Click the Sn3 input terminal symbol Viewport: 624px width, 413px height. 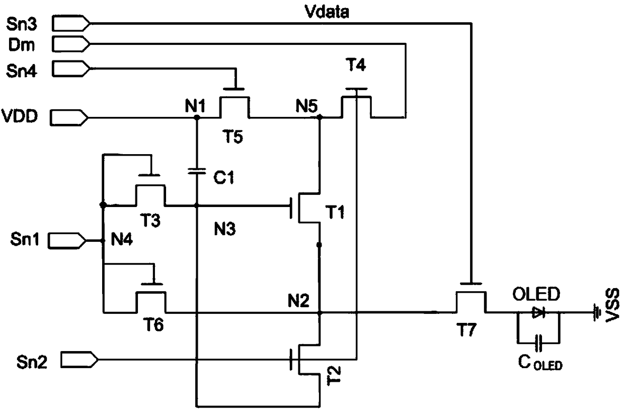point(71,24)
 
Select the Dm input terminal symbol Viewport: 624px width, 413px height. point(71,44)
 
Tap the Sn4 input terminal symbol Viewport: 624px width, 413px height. point(71,68)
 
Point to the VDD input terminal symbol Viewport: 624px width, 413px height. point(69,118)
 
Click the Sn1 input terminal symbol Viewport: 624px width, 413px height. point(67,241)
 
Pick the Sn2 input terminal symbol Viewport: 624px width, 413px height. point(80,360)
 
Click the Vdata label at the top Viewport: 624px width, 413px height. point(327,12)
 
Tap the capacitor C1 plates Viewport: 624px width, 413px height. point(197,171)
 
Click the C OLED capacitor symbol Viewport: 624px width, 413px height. point(539,343)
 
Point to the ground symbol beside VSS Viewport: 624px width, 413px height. point(596,313)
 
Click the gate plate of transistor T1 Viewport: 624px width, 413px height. point(291,208)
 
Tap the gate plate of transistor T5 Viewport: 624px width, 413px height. point(233,89)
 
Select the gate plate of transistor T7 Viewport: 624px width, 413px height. point(471,284)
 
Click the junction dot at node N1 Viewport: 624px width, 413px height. point(197,117)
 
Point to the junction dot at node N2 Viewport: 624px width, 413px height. point(320,313)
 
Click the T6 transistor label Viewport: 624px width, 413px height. point(153,325)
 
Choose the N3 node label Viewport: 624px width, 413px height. point(225,229)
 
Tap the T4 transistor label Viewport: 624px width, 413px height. point(356,64)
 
